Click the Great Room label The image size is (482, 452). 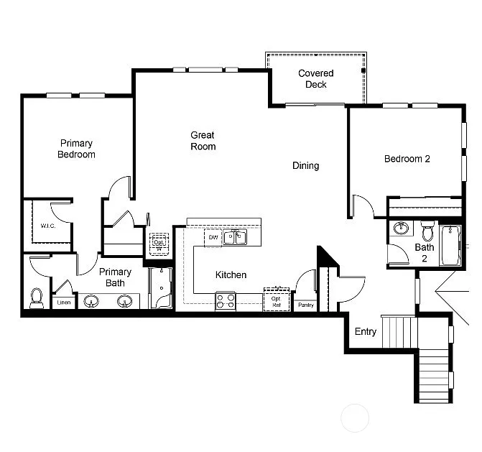click(203, 141)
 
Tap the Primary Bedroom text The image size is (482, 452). click(76, 149)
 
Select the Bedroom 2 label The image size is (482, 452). click(407, 159)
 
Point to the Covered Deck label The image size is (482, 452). click(316, 79)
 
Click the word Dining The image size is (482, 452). click(305, 166)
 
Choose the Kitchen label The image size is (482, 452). click(231, 275)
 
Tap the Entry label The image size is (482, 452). click(365, 332)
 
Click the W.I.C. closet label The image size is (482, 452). click(48, 226)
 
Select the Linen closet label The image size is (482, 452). click(64, 303)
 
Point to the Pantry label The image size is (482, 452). click(305, 305)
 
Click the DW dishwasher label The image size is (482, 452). click(213, 236)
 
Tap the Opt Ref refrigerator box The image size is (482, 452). click(276, 300)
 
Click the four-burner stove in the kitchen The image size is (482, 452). click(226, 300)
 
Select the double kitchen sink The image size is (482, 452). click(235, 236)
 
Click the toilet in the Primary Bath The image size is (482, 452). click(37, 297)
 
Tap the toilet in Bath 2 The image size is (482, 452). click(427, 232)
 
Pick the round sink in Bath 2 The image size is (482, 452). click(401, 229)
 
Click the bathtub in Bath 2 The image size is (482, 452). click(450, 245)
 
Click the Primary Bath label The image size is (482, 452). click(115, 277)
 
